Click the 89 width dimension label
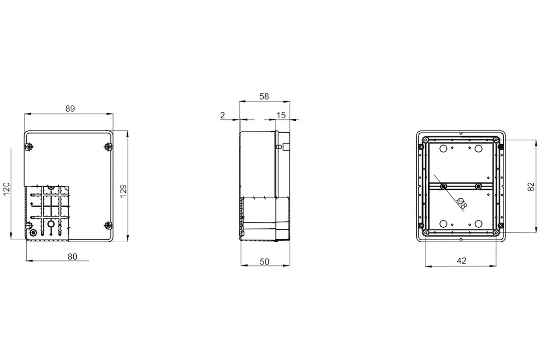click(70, 109)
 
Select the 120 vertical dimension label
click(6, 189)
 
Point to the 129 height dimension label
click(123, 191)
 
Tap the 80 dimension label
click(72, 257)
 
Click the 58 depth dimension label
click(264, 97)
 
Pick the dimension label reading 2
click(222, 115)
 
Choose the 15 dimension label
click(281, 115)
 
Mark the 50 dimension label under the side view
click(265, 261)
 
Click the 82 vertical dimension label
click(531, 187)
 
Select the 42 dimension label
click(462, 260)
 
